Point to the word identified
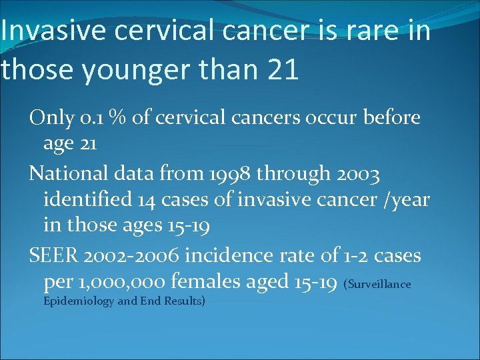(83, 199)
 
